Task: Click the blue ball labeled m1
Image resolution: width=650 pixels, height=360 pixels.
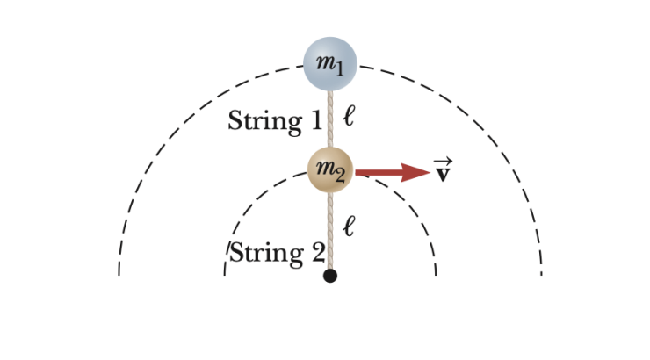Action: [330, 64]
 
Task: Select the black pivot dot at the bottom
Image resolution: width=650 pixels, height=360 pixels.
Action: [330, 276]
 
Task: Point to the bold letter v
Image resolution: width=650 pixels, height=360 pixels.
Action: [444, 173]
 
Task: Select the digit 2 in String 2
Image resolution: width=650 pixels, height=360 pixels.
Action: [317, 253]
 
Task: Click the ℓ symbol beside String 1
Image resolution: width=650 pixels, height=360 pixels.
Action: [349, 116]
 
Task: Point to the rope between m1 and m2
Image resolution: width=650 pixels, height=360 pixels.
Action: [330, 119]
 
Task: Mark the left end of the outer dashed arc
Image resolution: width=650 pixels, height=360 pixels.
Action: [119, 272]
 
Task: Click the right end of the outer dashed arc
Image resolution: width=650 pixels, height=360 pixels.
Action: [541, 272]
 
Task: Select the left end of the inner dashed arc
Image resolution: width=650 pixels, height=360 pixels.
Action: [225, 272]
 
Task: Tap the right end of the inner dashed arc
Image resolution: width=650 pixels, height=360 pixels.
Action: [436, 272]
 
